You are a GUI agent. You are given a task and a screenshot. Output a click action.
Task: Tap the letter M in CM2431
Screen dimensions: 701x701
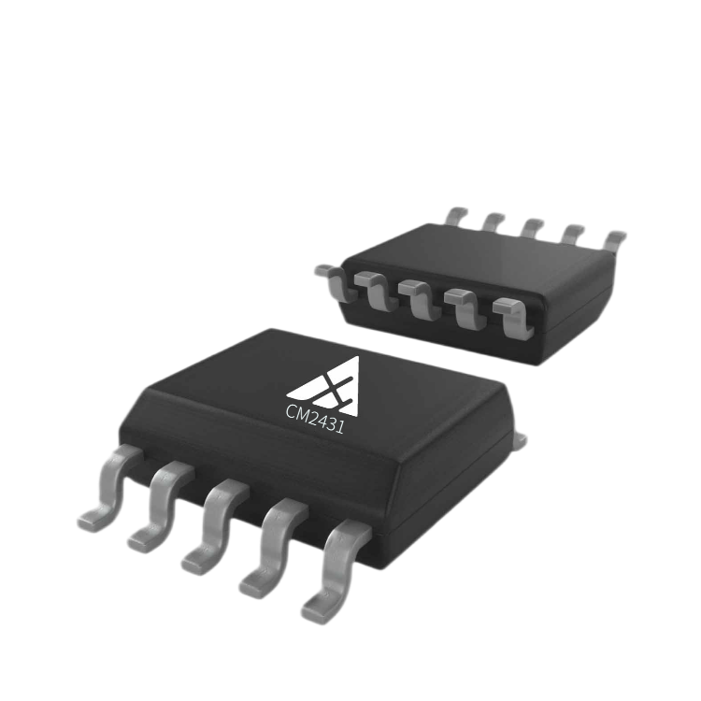click(303, 415)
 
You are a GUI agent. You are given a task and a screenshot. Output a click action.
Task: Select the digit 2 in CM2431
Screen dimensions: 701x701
click(314, 419)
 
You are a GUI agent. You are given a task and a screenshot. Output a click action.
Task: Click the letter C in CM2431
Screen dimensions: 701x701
click(291, 411)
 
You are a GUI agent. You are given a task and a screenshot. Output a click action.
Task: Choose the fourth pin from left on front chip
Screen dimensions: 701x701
click(274, 549)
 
